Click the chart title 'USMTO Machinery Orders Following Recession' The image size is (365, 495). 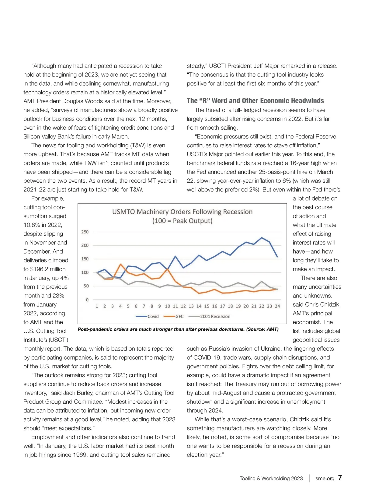pos(182,212)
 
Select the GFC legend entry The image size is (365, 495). pos(174,316)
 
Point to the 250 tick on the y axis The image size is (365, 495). pos(85,232)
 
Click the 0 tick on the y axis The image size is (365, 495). pos(87,300)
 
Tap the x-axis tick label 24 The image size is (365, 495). pos(277,306)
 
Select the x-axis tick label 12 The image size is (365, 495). pos(183,306)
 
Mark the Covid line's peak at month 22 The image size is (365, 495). pos(262,237)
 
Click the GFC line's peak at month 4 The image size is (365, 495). pos(120,264)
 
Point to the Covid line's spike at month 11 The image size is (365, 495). pos(175,256)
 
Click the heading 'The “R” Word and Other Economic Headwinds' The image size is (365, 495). pos(255,101)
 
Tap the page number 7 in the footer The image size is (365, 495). pos(340,478)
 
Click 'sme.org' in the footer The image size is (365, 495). pos(325,478)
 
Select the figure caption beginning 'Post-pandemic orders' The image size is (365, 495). pos(178,329)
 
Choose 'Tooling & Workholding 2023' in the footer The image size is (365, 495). pos(271,478)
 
